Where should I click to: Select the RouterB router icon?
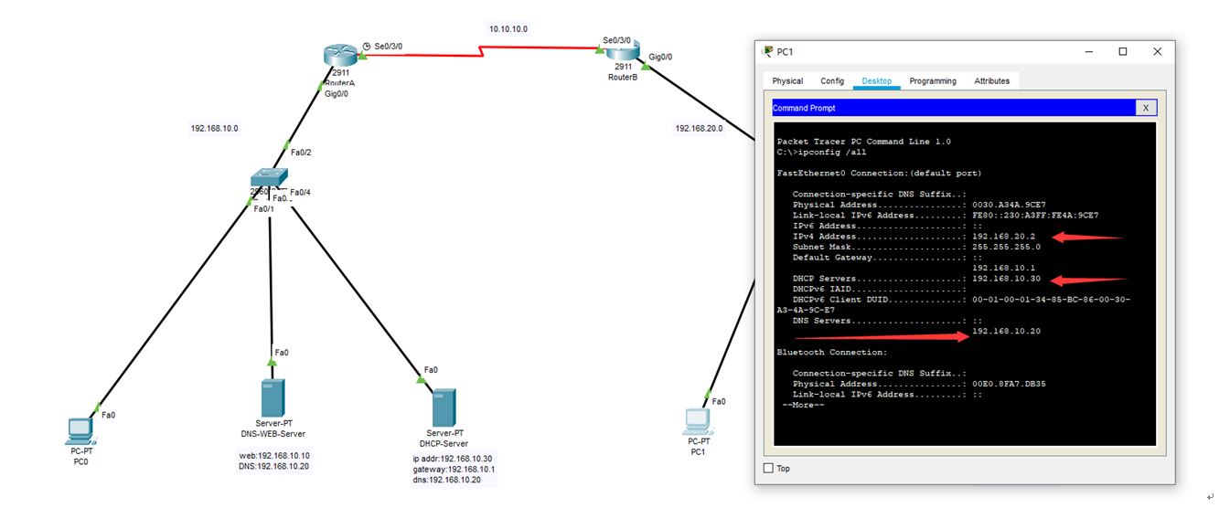click(623, 52)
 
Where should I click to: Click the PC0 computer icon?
click(81, 429)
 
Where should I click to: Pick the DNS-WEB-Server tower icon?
click(272, 399)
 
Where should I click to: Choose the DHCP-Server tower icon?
click(444, 407)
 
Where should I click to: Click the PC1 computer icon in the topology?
click(697, 420)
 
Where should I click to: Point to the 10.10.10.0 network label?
click(508, 29)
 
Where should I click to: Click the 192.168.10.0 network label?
click(214, 129)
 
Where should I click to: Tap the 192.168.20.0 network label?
click(699, 129)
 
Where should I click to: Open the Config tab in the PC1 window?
click(832, 81)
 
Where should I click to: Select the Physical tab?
click(787, 81)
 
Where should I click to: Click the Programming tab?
click(933, 81)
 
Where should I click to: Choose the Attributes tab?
click(992, 81)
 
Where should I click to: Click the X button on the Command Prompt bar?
click(1146, 108)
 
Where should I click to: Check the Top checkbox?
click(768, 469)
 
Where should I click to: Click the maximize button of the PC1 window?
click(1123, 52)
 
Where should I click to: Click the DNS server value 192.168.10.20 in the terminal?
click(1006, 331)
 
